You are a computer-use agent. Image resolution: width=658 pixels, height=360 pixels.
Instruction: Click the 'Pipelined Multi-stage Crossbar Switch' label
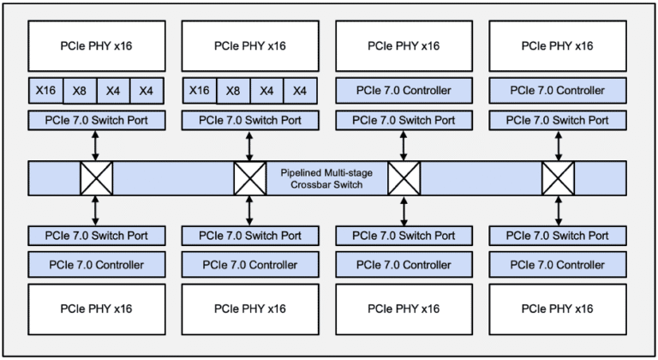pos(326,178)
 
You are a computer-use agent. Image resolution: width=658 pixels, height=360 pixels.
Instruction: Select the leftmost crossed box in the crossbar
pos(96,178)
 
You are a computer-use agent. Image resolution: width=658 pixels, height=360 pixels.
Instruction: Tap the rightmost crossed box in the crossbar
pos(558,178)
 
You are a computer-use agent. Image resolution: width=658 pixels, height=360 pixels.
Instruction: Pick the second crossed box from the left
pos(250,178)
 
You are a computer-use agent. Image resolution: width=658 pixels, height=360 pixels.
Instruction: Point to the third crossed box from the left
pos(404,178)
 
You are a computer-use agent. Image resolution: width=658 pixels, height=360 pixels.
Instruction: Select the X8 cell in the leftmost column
pos(79,90)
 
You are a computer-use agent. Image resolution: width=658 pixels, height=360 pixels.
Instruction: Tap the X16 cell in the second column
pos(199,90)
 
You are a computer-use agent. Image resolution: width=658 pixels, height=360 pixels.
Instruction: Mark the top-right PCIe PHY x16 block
pos(558,45)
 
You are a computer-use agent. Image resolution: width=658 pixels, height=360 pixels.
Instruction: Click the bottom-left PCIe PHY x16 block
pos(96,308)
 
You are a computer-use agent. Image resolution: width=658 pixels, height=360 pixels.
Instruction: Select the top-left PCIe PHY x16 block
pos(96,45)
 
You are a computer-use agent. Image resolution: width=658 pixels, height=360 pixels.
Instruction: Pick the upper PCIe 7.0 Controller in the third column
pos(404,90)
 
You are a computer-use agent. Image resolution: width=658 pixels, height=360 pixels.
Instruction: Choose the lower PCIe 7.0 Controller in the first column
pos(96,264)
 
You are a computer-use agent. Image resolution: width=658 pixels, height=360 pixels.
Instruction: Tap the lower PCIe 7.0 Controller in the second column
pos(250,264)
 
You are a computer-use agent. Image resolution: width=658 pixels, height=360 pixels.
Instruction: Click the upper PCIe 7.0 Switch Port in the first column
pos(96,119)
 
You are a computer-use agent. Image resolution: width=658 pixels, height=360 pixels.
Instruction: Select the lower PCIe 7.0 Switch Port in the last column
pos(558,235)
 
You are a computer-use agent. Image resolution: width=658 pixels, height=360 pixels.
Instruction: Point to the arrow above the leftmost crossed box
pos(96,146)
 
